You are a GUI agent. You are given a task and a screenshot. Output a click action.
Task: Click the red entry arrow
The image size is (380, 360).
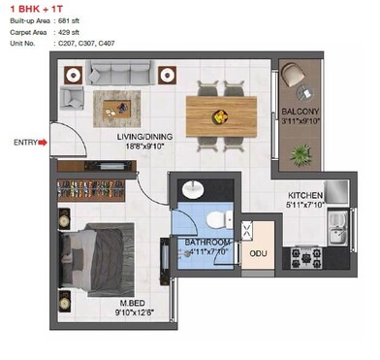pos(42,144)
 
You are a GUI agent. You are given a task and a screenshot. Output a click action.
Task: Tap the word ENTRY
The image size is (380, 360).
pos(24,144)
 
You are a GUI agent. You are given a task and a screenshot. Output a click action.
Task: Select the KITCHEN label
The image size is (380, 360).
pos(305,194)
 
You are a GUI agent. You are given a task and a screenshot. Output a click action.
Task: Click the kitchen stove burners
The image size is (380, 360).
pos(306,256)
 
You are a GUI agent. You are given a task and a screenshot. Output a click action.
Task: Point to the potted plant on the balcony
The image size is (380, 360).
pos(302,152)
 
